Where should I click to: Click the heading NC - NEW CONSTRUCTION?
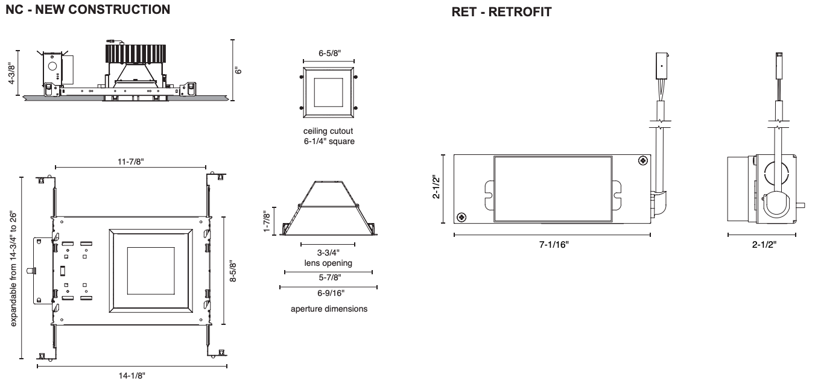click(x=87, y=10)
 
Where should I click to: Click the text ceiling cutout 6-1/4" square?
click(x=329, y=137)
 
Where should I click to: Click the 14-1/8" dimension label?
click(x=132, y=376)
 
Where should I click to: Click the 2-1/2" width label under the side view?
click(x=761, y=244)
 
